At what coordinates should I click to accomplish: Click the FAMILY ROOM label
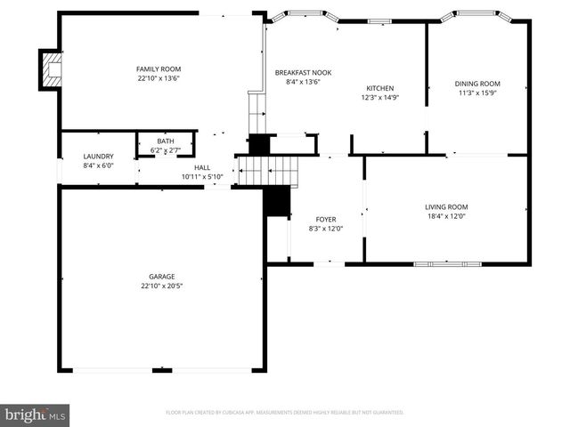(x=159, y=68)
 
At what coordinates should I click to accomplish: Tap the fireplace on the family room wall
(x=51, y=70)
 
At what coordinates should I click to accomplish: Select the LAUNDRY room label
(x=98, y=157)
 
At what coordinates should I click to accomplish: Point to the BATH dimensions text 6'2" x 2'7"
(x=166, y=151)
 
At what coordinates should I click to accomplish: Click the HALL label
(x=202, y=167)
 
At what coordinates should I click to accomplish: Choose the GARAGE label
(x=161, y=277)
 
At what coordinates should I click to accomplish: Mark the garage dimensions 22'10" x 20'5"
(x=161, y=286)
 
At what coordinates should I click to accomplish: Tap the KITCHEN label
(x=380, y=88)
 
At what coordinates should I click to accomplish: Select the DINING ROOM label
(x=477, y=85)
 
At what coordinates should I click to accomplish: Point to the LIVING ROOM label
(x=446, y=206)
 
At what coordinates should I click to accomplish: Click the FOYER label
(x=326, y=219)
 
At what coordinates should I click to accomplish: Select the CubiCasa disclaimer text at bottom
(x=285, y=413)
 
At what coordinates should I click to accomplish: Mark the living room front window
(x=447, y=263)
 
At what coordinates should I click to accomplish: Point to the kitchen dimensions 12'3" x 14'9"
(x=380, y=98)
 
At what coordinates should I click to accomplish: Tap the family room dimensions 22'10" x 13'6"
(x=159, y=78)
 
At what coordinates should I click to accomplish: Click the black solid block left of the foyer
(x=279, y=202)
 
